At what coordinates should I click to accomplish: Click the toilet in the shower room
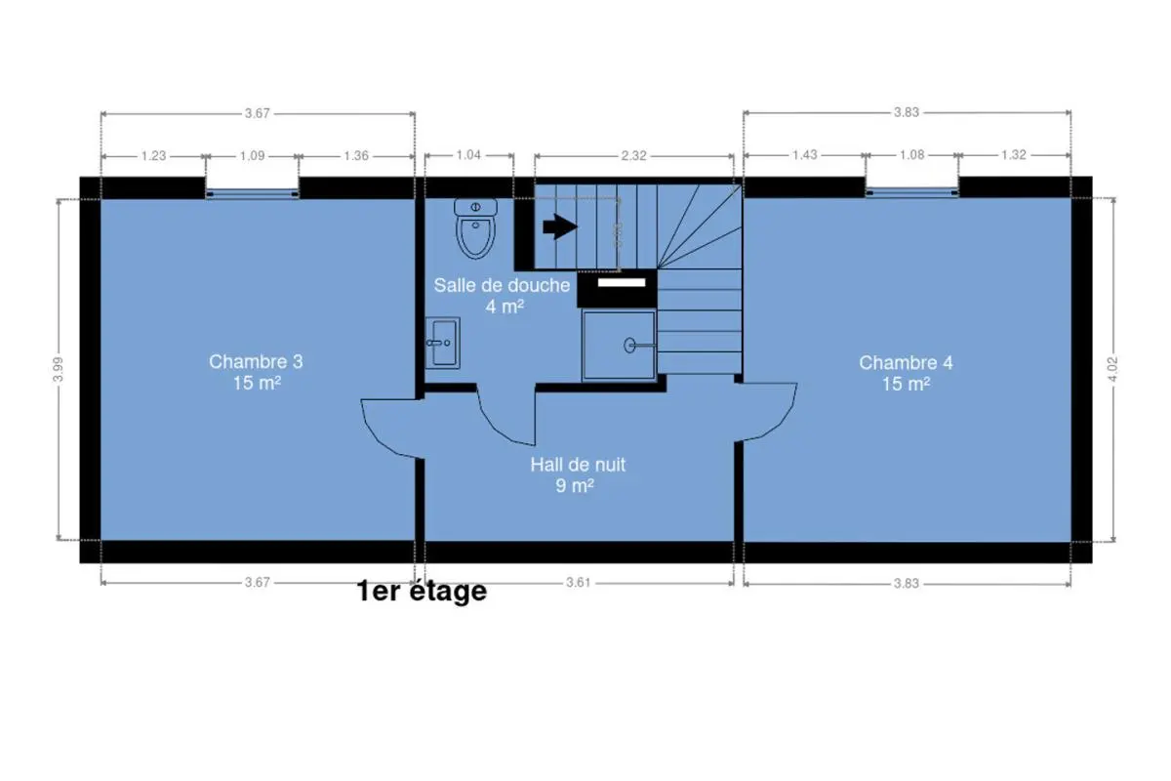click(475, 228)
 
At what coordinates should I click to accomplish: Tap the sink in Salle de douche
click(442, 343)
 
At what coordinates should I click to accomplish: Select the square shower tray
click(619, 346)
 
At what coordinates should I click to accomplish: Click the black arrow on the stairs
click(560, 227)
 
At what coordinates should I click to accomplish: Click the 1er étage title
click(422, 591)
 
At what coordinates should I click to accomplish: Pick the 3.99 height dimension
click(58, 369)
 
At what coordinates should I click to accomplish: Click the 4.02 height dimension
click(1113, 369)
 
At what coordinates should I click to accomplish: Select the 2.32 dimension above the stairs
click(633, 155)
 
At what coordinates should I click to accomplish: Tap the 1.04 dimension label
click(468, 155)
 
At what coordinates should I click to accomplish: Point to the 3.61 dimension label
click(578, 582)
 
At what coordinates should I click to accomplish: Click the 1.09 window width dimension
click(252, 156)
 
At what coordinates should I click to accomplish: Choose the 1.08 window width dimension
click(911, 155)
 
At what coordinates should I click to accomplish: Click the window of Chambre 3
click(252, 194)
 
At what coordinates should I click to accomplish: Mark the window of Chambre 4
click(911, 193)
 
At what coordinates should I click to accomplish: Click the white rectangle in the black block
click(622, 283)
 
